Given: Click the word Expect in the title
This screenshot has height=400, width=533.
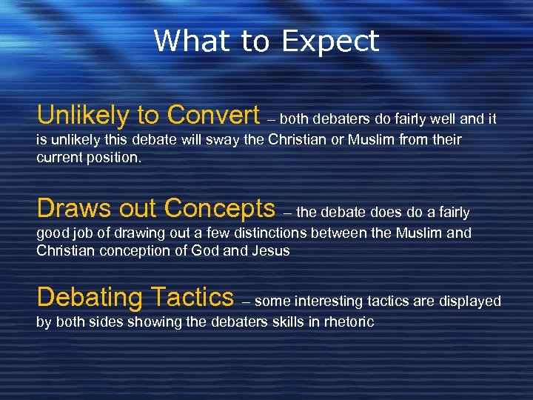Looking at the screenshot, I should pos(330,41).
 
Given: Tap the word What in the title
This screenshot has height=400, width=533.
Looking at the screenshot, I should pos(192,41).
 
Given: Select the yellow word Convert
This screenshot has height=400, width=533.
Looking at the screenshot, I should pos(213,115).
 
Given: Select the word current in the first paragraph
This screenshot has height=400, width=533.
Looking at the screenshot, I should pos(61,158).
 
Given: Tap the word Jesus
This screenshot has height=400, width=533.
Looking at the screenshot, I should pos(270,250).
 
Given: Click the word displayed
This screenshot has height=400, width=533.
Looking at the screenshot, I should pos(471,301).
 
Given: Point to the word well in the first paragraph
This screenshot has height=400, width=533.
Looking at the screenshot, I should pos(446,119).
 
